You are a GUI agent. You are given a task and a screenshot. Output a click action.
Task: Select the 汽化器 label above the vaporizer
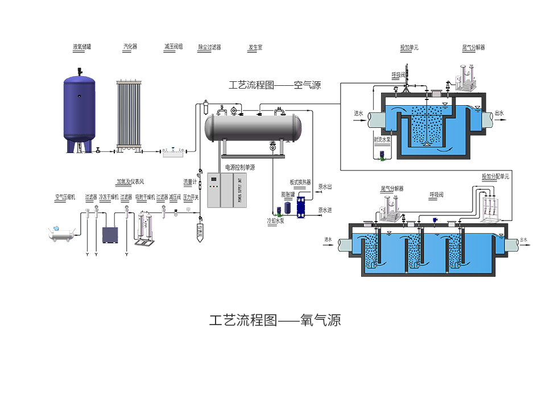click(130, 47)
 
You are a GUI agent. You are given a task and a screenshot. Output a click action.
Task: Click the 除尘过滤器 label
click(209, 48)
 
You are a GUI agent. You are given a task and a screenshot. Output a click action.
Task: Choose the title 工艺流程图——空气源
click(275, 86)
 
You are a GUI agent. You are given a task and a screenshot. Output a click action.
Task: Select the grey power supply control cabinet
click(226, 190)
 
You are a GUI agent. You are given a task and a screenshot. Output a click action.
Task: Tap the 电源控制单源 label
click(240, 168)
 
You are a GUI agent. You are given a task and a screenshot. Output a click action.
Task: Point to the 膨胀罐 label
click(288, 194)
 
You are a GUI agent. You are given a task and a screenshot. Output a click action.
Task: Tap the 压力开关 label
click(191, 197)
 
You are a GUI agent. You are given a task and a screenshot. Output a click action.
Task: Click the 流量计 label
click(189, 182)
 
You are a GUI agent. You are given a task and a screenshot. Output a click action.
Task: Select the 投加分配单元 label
click(495, 177)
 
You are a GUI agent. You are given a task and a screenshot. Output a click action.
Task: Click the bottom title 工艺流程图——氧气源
click(275, 321)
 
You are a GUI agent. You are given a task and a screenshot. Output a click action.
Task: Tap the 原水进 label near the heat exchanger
click(325, 210)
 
